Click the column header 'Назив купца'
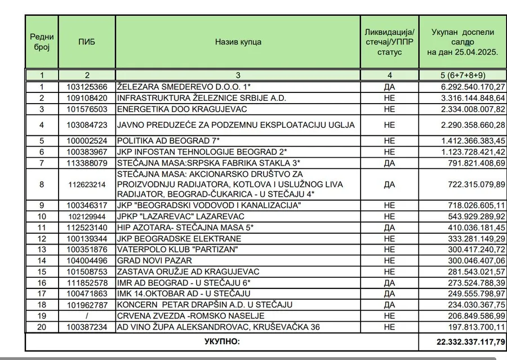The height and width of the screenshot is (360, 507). coord(238,42)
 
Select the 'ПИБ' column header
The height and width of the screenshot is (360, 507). coord(87,42)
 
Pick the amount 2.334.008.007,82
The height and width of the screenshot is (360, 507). coord(473,109)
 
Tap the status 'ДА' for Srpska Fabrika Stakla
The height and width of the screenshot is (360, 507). coord(389,163)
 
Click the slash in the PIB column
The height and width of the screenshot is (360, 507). coord(87,315)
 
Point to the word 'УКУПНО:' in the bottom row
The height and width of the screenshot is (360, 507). coord(221,341)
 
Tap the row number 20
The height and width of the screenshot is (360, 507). coord(41,326)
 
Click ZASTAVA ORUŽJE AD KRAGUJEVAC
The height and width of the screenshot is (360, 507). coord(180,272)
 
